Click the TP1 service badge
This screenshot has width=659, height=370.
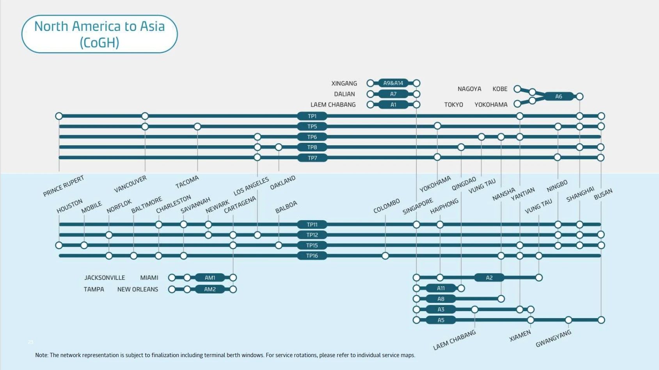click(x=312, y=116)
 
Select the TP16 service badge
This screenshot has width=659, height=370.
click(x=312, y=256)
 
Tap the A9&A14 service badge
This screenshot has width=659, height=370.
click(x=393, y=83)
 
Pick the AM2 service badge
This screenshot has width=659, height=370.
click(x=210, y=289)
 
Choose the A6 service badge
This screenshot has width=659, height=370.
click(x=559, y=96)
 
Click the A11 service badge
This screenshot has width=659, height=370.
click(x=441, y=288)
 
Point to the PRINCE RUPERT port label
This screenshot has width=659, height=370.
click(x=63, y=186)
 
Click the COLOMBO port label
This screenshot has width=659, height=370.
click(x=386, y=206)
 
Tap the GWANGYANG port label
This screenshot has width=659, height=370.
click(x=553, y=338)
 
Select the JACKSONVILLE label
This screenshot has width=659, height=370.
click(x=105, y=277)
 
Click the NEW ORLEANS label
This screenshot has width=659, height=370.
click(x=138, y=289)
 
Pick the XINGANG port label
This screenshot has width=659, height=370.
click(x=344, y=84)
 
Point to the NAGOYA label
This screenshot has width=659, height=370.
click(x=469, y=89)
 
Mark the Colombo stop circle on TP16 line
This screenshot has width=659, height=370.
click(x=385, y=256)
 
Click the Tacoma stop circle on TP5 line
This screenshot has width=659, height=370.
click(x=197, y=126)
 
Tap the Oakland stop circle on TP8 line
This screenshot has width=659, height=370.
click(x=279, y=147)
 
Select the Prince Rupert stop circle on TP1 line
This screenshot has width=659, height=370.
click(x=59, y=116)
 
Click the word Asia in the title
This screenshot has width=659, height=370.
click(x=152, y=26)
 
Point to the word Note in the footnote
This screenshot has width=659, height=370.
click(x=41, y=355)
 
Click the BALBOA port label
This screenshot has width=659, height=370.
click(x=286, y=207)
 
